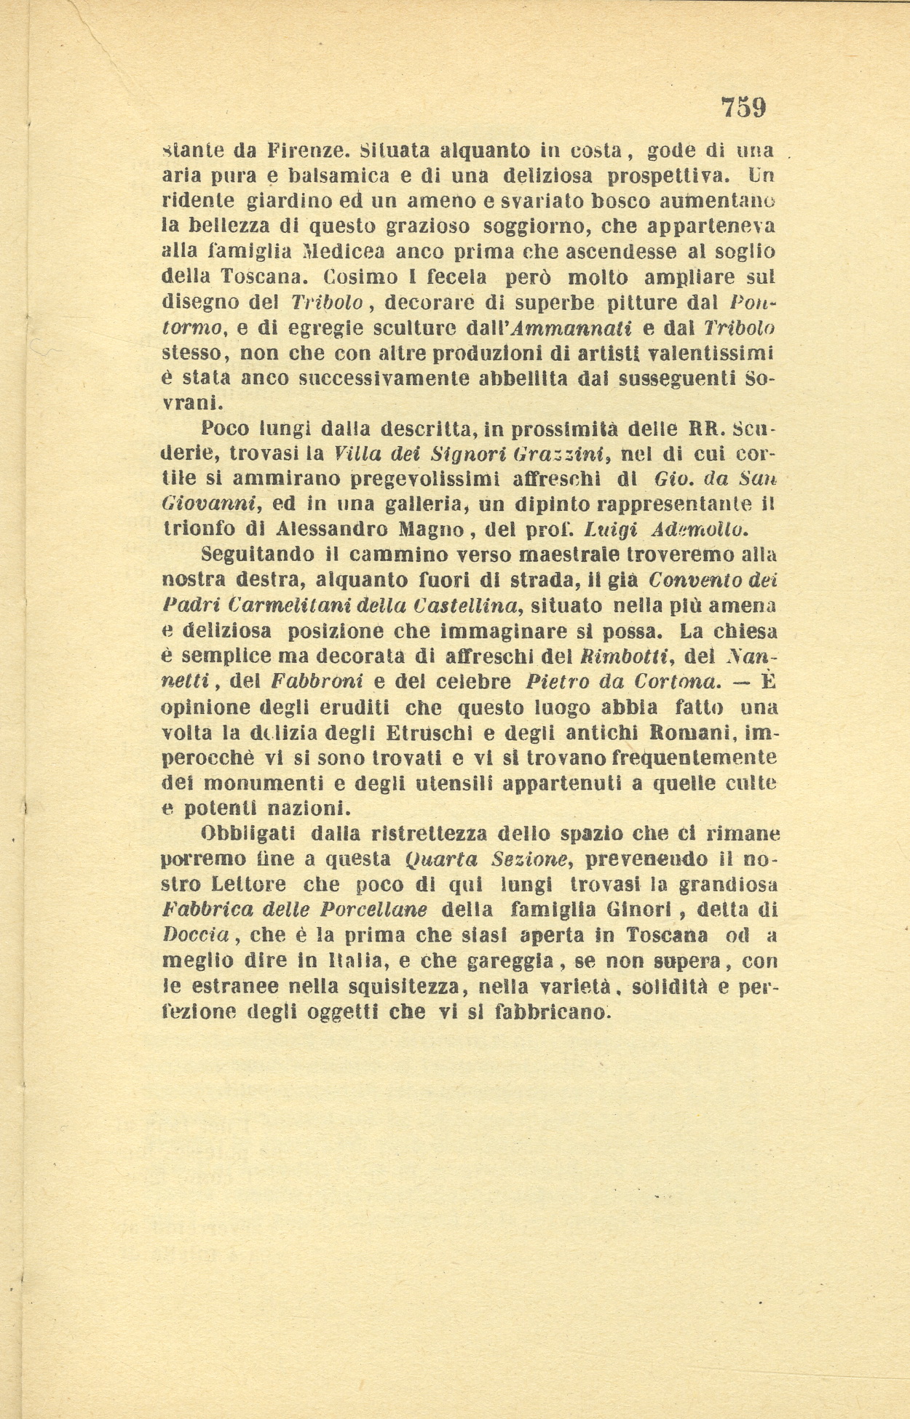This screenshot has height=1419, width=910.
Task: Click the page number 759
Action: [743, 108]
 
